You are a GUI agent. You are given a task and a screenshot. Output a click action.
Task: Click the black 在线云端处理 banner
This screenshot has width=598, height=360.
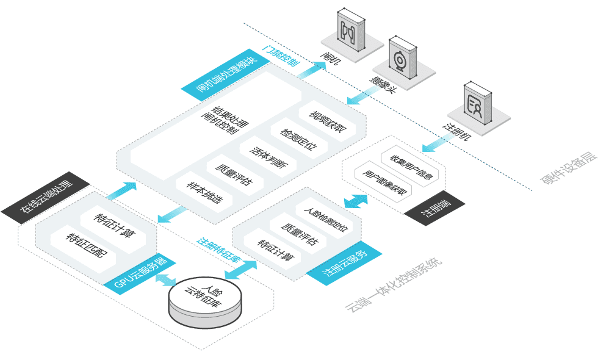46,198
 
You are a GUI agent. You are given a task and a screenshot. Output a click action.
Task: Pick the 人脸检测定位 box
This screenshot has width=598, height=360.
326,218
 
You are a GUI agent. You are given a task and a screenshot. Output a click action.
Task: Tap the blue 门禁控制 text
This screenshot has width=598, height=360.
281,56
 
